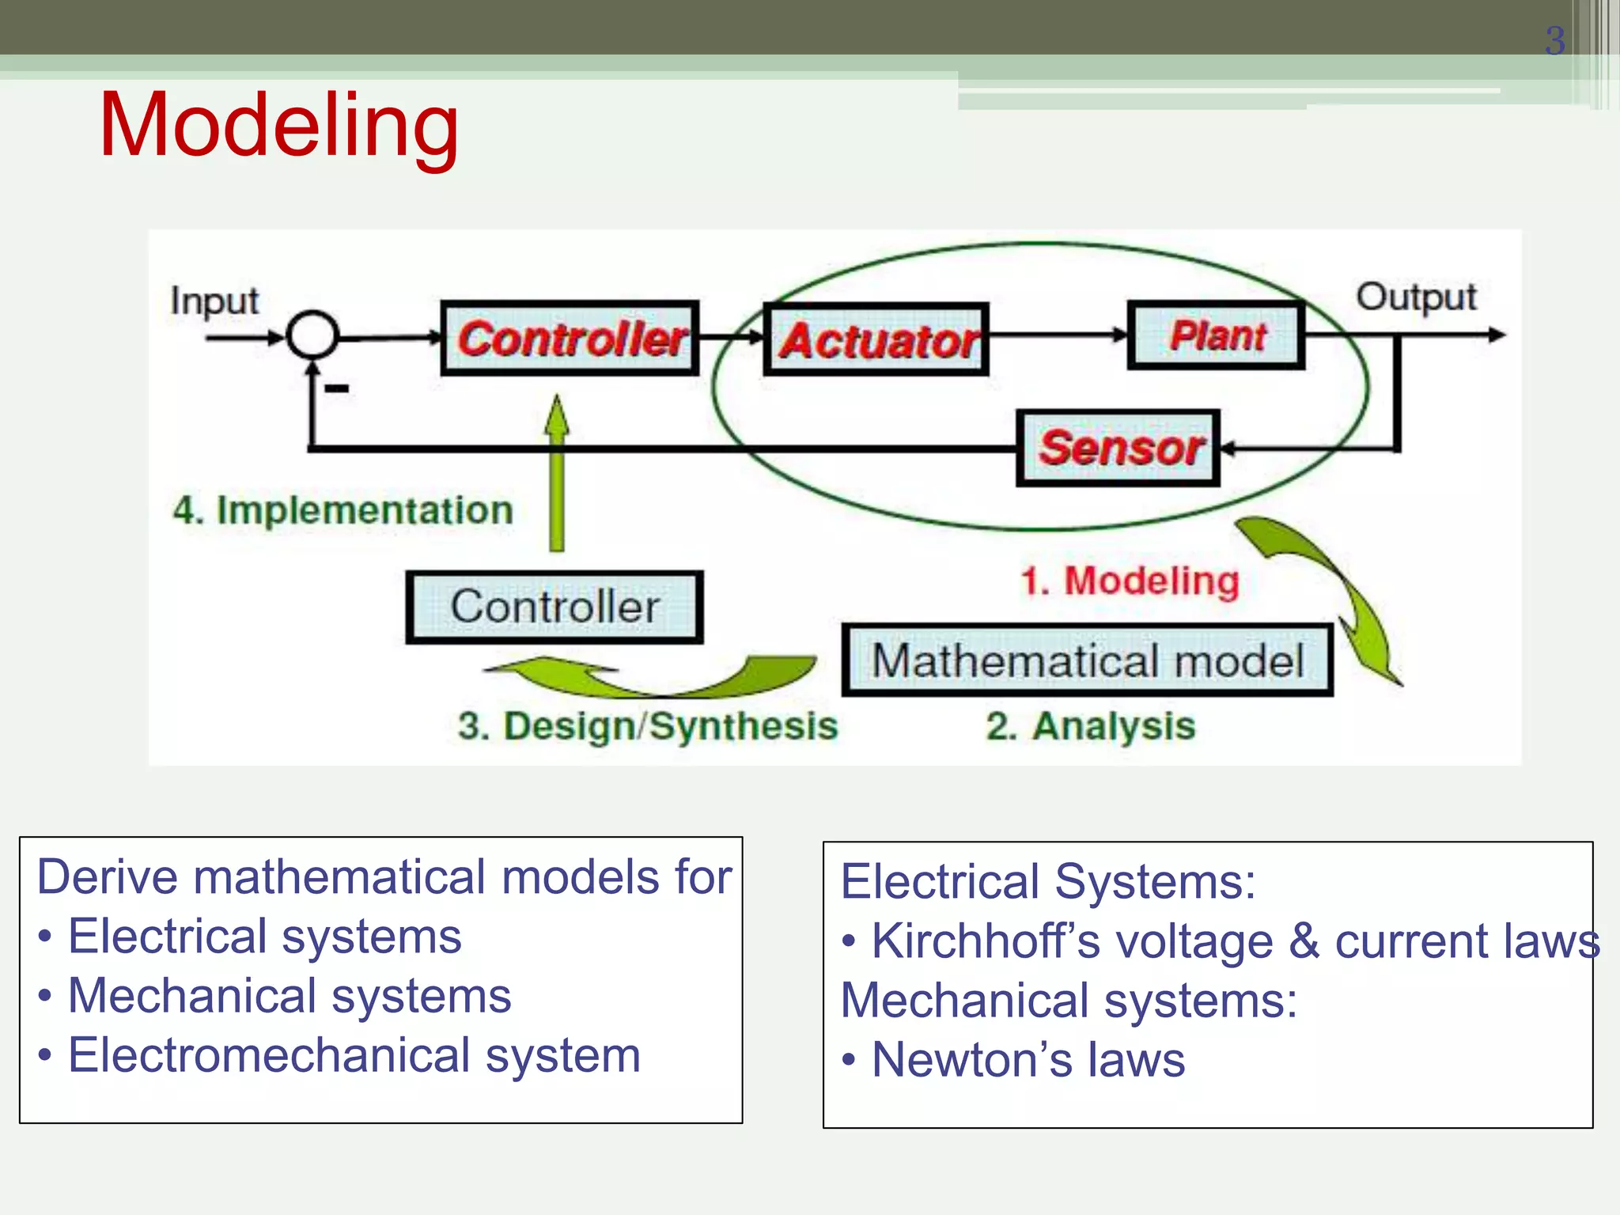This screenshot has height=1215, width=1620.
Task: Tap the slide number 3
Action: [1554, 41]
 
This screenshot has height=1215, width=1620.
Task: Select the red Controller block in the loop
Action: [570, 339]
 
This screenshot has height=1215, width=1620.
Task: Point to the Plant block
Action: [1217, 335]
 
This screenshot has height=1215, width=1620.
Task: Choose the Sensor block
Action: [1118, 448]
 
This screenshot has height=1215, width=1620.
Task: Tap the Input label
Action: [214, 301]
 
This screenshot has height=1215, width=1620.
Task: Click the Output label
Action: [1416, 297]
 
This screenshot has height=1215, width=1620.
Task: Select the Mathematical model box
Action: [1088, 660]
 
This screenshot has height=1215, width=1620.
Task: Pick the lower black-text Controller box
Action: [555, 607]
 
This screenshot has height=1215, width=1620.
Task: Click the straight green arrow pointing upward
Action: [557, 475]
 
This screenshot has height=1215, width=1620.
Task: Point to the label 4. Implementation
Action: [343, 510]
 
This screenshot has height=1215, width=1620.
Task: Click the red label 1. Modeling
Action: [1130, 581]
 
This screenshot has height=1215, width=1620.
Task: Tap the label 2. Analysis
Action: [1090, 726]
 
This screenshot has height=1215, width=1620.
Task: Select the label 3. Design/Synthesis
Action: [647, 726]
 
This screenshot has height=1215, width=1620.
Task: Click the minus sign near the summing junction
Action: [337, 388]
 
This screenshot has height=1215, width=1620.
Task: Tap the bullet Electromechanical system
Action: [354, 1056]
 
